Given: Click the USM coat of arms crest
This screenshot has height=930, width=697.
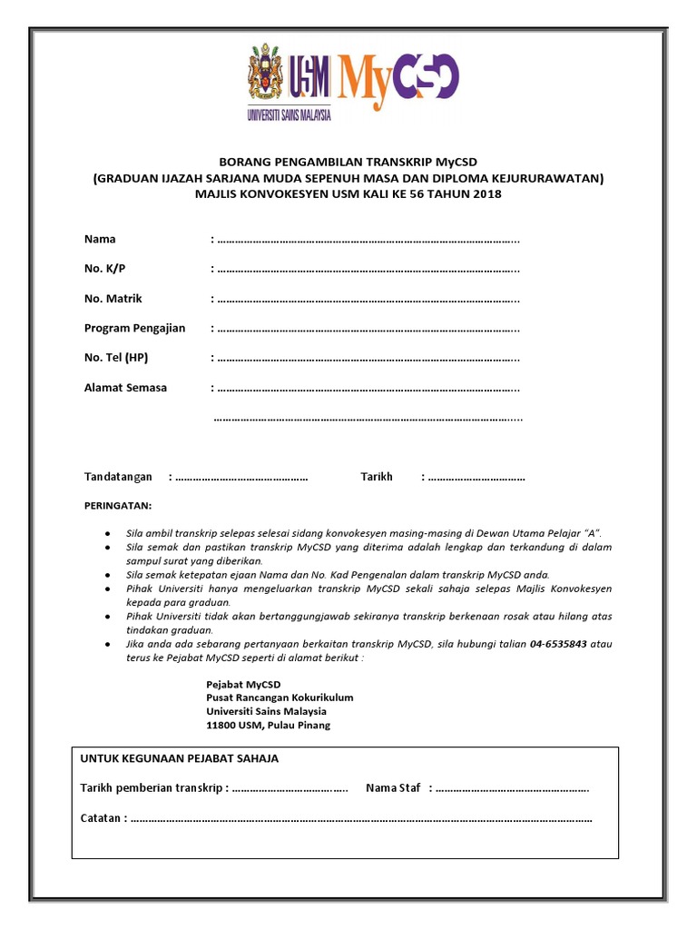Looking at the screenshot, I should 265,78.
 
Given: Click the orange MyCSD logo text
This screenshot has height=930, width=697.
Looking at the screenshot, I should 399,82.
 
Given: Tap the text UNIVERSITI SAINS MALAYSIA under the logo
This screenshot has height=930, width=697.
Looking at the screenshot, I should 289,115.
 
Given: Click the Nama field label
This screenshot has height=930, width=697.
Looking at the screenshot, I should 100,239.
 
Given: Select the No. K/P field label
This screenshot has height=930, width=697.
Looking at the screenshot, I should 105,269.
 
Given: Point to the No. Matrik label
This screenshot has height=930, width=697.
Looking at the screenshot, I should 113,298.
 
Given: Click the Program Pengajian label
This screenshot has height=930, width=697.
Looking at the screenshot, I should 134,328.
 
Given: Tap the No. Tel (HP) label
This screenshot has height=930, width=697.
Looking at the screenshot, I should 116,358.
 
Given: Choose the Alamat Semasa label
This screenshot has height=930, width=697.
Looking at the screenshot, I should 125,387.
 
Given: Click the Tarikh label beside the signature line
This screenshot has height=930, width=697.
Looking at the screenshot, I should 377,477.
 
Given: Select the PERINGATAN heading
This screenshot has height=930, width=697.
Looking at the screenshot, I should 118,505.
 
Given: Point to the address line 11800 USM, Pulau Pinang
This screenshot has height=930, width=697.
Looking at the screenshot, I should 269,725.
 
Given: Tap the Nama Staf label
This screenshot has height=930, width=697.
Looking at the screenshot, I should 394,787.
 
